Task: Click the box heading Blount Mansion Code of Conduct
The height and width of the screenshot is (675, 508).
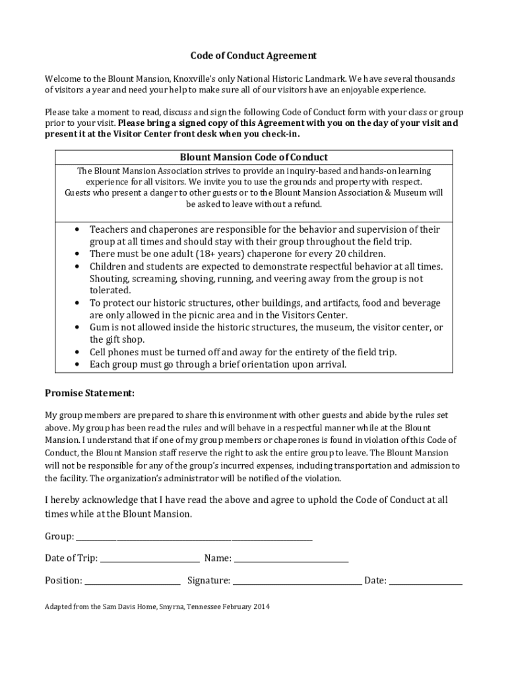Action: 254,158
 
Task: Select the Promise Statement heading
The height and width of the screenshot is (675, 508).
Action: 90,393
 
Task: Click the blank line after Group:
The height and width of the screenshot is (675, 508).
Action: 194,537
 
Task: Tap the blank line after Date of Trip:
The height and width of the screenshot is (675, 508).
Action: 150,559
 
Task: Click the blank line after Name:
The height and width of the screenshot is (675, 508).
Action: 291,559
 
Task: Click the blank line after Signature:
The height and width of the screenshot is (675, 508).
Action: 297,581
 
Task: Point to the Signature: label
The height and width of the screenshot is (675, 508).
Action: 208,581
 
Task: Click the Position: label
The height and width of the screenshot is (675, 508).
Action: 63,581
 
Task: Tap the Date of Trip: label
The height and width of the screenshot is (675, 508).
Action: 71,558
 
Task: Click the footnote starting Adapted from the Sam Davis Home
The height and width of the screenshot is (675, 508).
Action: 157,606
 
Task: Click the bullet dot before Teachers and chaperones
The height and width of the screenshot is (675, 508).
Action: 78,230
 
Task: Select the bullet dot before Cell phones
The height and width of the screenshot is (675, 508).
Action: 78,353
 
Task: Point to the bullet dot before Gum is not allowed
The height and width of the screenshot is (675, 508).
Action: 78,328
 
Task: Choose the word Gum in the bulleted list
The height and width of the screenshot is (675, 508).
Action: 99,328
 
